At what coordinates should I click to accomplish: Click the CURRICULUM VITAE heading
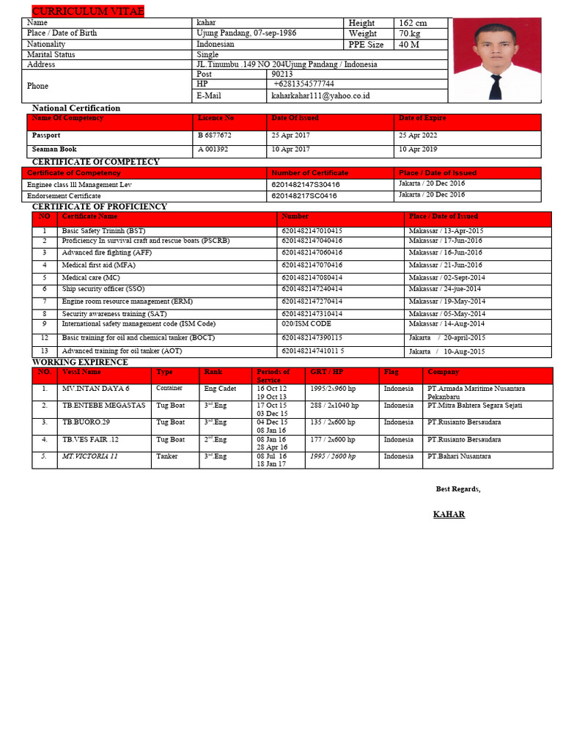tap(88, 10)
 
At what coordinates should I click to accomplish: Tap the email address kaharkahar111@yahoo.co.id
tap(320, 95)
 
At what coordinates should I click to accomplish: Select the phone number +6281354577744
tap(303, 84)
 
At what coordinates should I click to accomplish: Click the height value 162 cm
tap(412, 23)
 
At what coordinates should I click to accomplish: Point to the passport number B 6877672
tap(214, 136)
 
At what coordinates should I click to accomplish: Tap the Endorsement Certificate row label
tap(64, 196)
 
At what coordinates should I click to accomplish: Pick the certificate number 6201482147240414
tap(312, 289)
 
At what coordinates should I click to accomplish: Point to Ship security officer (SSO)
tap(103, 289)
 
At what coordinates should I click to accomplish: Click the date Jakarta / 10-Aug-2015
tap(446, 351)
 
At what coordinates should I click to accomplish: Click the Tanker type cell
tap(166, 456)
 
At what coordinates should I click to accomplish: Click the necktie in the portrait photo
tap(496, 84)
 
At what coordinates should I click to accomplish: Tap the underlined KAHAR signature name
tap(449, 514)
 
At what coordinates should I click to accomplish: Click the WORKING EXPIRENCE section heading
tap(80, 362)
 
